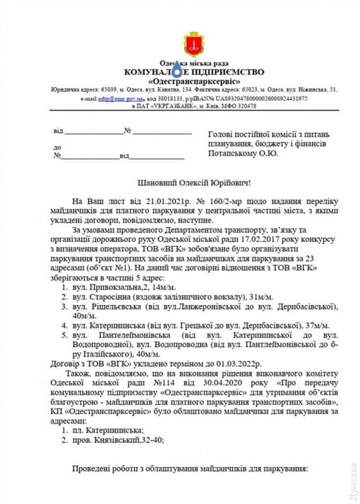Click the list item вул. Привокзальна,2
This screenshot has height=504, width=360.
tap(110, 287)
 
